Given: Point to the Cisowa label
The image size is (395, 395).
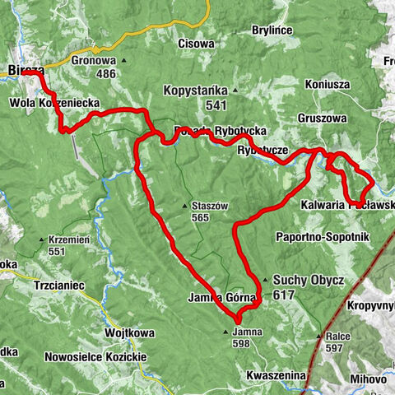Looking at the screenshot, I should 196,43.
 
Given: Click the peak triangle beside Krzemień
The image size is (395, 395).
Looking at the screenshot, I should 39,240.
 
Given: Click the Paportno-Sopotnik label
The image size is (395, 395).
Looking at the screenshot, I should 324,237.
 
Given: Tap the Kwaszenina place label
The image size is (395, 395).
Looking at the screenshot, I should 276,375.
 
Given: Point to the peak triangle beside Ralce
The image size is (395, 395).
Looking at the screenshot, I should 319,336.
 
